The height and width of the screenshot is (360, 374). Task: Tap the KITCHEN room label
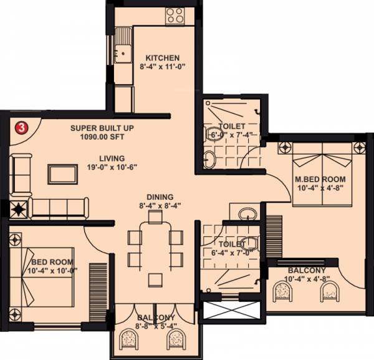pyautogui.click(x=158, y=58)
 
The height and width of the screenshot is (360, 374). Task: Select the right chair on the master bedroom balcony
pyautogui.click(x=328, y=293)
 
